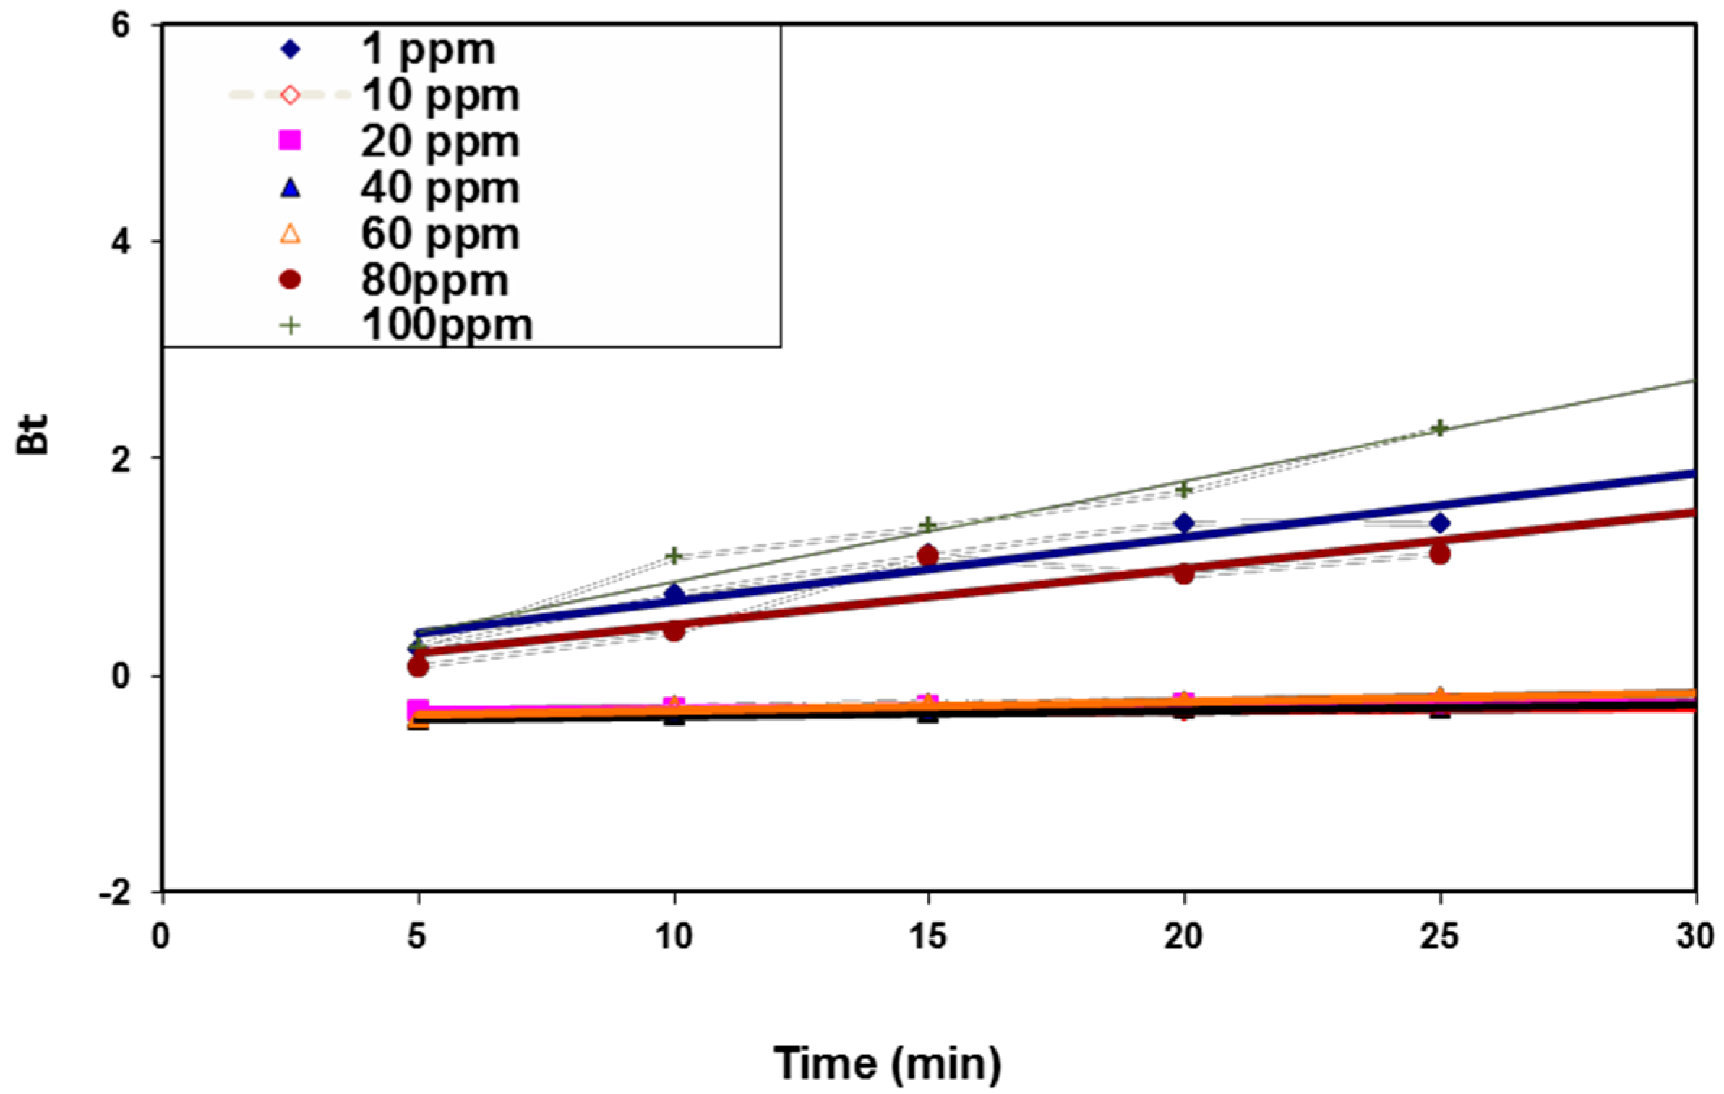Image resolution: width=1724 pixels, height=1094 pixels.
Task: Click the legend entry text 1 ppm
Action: tap(427, 49)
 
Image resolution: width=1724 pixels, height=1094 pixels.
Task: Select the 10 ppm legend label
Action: tap(439, 95)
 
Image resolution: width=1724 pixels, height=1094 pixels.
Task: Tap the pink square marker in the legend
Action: tap(290, 140)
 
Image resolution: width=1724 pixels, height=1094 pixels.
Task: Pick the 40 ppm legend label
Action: tap(439, 187)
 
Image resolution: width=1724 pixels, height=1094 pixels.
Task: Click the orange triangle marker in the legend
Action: tap(290, 234)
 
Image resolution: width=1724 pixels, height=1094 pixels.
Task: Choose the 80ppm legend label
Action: tap(434, 280)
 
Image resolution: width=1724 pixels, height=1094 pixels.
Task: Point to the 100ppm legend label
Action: tap(447, 325)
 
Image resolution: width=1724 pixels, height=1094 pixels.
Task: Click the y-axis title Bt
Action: tap(33, 434)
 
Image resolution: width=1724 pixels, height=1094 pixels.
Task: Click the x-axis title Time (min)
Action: tap(887, 1064)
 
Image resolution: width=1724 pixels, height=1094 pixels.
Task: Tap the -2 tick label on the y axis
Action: tap(116, 893)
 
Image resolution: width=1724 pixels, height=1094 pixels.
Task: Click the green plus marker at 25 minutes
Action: tap(1439, 428)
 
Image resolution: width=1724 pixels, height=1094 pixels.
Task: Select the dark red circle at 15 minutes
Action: tap(928, 555)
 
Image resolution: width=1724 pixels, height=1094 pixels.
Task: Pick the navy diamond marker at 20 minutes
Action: tap(1184, 523)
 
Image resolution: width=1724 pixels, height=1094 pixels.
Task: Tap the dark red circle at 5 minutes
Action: tap(418, 666)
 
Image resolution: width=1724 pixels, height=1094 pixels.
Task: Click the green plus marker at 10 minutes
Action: tap(674, 556)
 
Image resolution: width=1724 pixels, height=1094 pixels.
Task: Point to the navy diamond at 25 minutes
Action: tap(1440, 523)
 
